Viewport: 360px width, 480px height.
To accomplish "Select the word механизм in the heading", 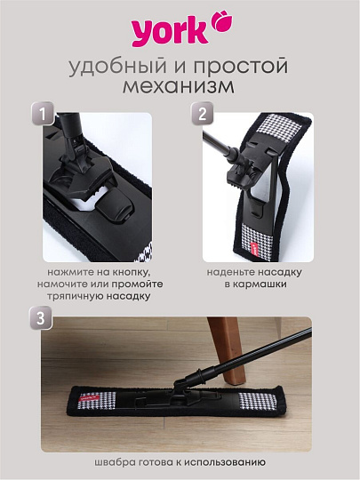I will (x=180, y=89).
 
